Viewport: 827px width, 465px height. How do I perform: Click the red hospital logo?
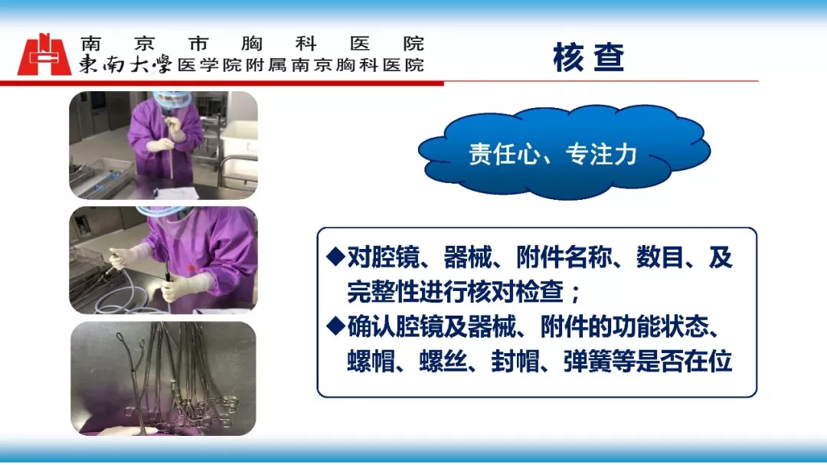click(44, 54)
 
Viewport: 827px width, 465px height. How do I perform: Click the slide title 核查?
click(589, 57)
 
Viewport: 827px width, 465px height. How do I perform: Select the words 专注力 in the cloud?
click(601, 154)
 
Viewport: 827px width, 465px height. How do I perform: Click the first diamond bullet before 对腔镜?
click(335, 257)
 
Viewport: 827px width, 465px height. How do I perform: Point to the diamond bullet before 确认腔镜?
click(335, 326)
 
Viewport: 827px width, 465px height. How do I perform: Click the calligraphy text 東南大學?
click(126, 64)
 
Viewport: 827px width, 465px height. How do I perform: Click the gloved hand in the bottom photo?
click(126, 431)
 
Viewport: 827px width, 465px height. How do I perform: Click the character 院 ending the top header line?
click(413, 43)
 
